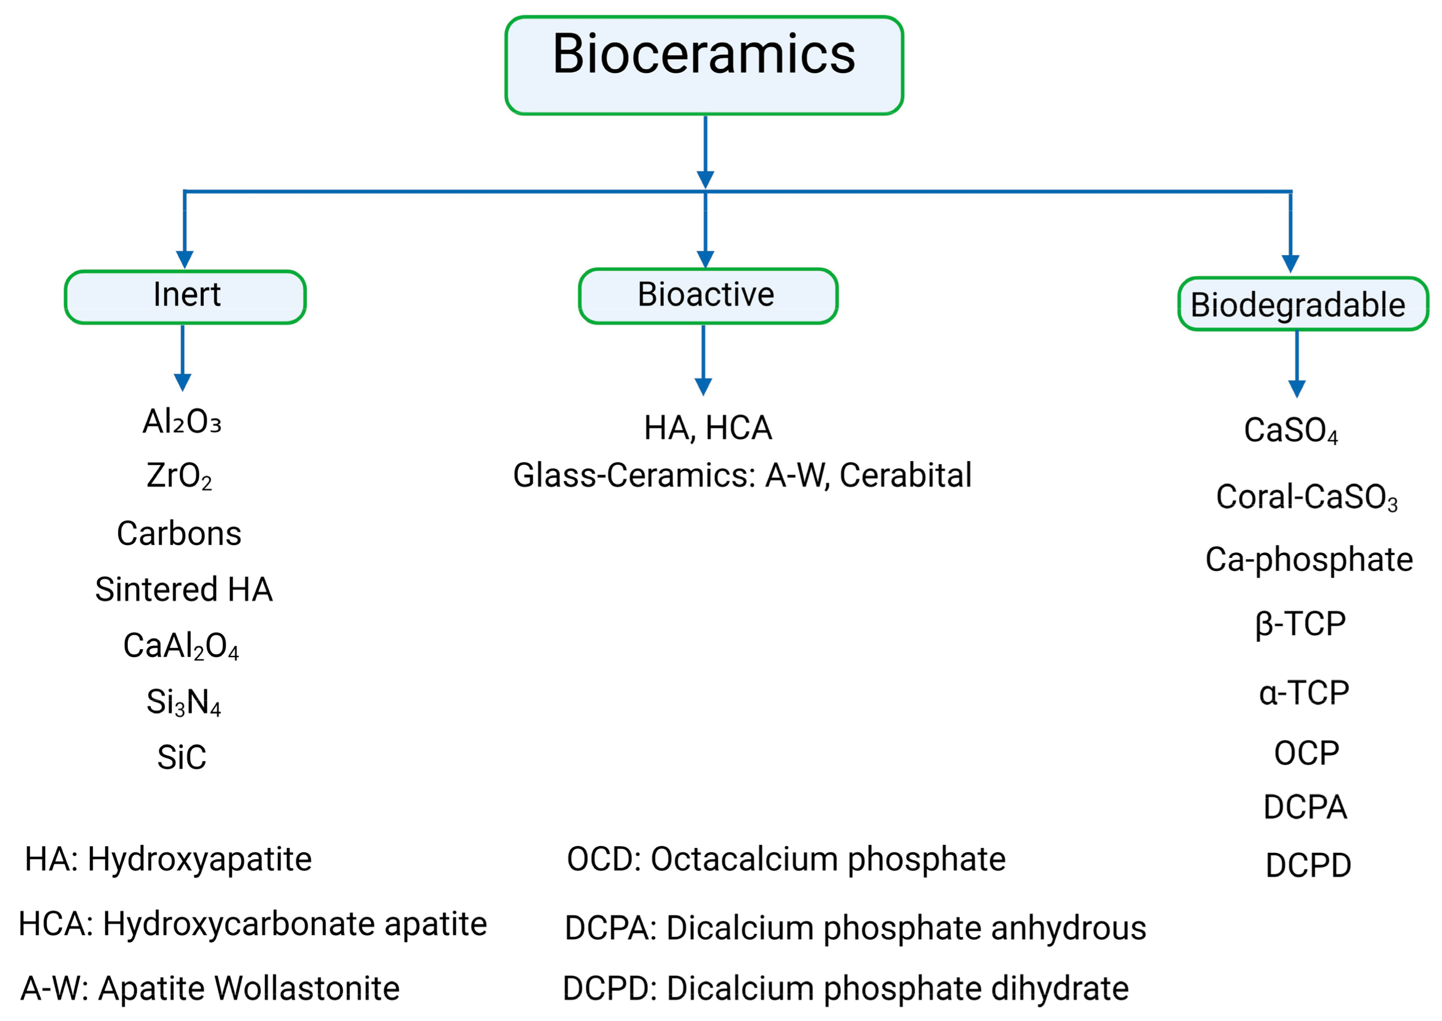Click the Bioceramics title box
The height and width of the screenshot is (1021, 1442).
[x=704, y=66]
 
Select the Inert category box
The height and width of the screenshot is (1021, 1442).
[x=186, y=297]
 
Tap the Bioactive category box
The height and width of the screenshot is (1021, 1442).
[x=708, y=296]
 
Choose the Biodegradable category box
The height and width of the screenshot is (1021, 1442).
[x=1302, y=304]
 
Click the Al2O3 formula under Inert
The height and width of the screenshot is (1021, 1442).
[x=182, y=421]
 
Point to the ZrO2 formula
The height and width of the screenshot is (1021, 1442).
[x=179, y=476]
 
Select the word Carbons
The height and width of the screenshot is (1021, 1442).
[x=179, y=533]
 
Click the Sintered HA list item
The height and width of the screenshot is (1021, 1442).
[x=183, y=589]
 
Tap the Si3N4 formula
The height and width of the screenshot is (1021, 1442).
[x=183, y=702]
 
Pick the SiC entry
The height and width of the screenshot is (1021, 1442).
[x=182, y=757]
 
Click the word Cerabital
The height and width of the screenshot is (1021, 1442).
[x=905, y=475]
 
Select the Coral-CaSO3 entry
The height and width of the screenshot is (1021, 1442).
[x=1306, y=497]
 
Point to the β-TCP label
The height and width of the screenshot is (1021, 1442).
[x=1301, y=624]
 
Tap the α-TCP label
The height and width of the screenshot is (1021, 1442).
[x=1304, y=693]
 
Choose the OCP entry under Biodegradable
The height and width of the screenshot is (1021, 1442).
[x=1306, y=753]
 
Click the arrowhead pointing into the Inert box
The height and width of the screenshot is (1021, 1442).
[x=184, y=260]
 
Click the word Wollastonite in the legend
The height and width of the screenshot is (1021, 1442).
[x=307, y=988]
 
